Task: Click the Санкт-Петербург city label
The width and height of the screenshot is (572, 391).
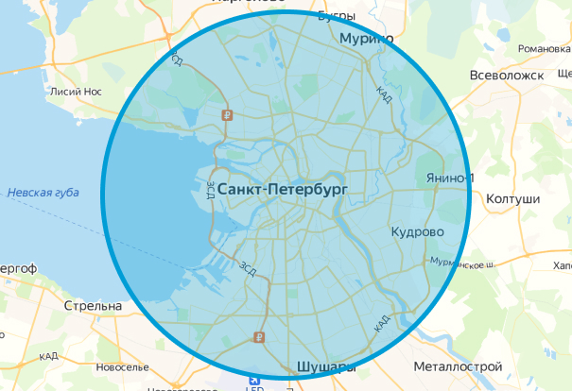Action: (x=283, y=190)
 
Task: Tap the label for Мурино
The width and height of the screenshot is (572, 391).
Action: (x=365, y=39)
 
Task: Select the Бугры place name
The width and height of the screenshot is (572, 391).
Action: (x=336, y=16)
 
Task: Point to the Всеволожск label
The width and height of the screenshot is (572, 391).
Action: (x=514, y=75)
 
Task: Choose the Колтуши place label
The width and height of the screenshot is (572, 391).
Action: (x=511, y=199)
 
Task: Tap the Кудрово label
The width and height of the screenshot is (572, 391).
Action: (x=417, y=231)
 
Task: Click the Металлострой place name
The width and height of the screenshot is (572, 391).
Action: (x=450, y=365)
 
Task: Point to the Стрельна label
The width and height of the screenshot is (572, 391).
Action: (x=93, y=307)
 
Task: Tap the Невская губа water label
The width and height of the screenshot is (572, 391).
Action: (x=43, y=193)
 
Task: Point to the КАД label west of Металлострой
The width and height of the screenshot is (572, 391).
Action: (x=382, y=323)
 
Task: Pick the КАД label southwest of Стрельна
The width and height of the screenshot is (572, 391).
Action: (x=48, y=356)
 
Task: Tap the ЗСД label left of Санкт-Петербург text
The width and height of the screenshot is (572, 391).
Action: (x=209, y=191)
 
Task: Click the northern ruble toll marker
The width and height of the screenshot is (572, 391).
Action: (x=227, y=115)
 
